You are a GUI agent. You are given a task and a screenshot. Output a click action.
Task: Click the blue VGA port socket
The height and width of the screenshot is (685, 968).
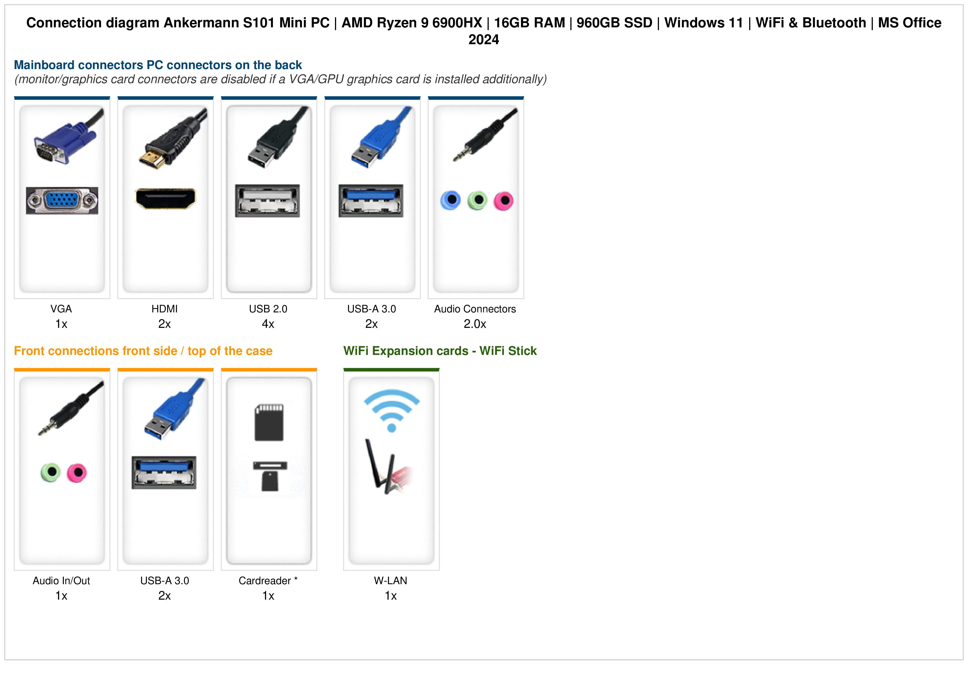click(62, 201)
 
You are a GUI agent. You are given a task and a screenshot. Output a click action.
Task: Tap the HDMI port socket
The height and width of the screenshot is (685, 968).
click(165, 198)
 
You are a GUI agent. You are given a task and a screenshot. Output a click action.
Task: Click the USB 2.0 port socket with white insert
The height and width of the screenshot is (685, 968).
click(267, 201)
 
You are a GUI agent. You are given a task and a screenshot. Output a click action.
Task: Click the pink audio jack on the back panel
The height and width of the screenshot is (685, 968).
click(503, 201)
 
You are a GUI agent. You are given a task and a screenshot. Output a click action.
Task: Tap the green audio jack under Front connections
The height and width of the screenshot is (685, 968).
click(50, 472)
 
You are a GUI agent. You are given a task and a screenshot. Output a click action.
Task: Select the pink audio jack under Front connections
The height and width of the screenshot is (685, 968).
click(77, 473)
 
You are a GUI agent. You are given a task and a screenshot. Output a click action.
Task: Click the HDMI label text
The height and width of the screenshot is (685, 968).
click(164, 309)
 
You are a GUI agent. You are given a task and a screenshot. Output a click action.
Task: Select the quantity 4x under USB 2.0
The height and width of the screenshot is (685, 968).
click(268, 324)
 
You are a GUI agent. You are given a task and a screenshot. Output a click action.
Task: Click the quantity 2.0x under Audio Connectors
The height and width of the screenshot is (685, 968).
click(475, 324)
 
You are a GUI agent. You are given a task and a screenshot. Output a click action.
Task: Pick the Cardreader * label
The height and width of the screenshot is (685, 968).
click(268, 581)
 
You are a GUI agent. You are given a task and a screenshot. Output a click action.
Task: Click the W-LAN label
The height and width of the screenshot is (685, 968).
click(391, 581)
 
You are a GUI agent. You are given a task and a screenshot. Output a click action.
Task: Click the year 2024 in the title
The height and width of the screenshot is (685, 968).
click(483, 40)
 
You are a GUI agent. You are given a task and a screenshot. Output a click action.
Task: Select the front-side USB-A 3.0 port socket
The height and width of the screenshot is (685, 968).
click(164, 472)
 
